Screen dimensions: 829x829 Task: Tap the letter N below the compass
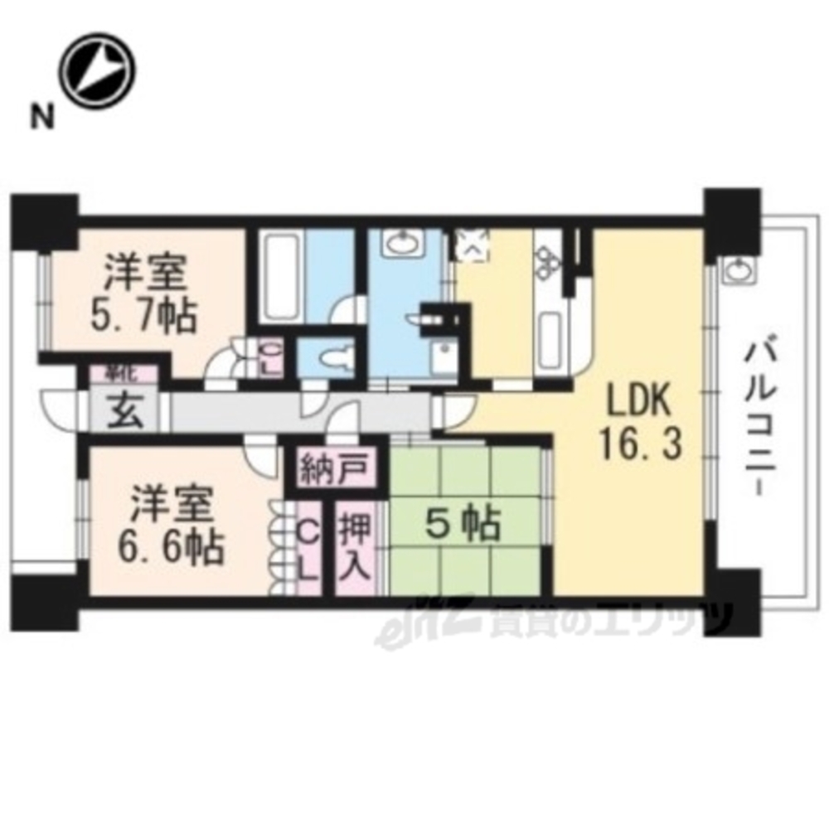pos(39,117)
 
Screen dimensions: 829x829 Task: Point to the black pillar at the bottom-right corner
pos(730,601)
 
